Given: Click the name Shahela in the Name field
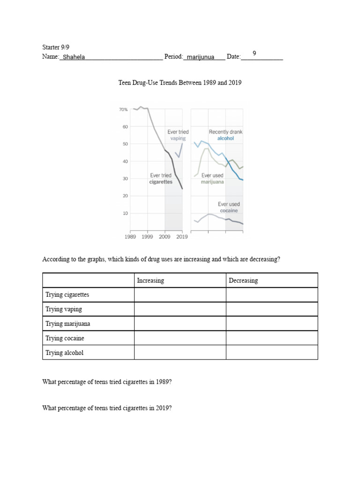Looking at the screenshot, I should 74,57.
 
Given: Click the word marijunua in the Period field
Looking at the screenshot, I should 199,57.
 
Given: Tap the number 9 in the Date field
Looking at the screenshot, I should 254,53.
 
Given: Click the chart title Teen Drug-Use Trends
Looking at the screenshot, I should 180,83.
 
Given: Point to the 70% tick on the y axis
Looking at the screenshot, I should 123,110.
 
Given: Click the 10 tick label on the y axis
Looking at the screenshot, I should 125,213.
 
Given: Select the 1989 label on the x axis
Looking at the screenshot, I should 130,237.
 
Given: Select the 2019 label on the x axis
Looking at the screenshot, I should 181,237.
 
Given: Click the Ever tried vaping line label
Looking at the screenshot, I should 178,135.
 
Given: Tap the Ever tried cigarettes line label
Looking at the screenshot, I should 161,179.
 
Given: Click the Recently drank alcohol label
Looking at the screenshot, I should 225,135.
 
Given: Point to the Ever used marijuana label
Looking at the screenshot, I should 212,179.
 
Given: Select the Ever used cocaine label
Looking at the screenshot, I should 229,207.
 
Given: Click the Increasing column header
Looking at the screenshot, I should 150,281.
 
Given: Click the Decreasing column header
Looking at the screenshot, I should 243,281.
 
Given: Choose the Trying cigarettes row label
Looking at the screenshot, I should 67,295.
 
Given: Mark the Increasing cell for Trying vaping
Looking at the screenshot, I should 180,309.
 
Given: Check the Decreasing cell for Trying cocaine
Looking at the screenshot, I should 272,338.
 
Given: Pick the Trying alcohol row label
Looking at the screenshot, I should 64,352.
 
